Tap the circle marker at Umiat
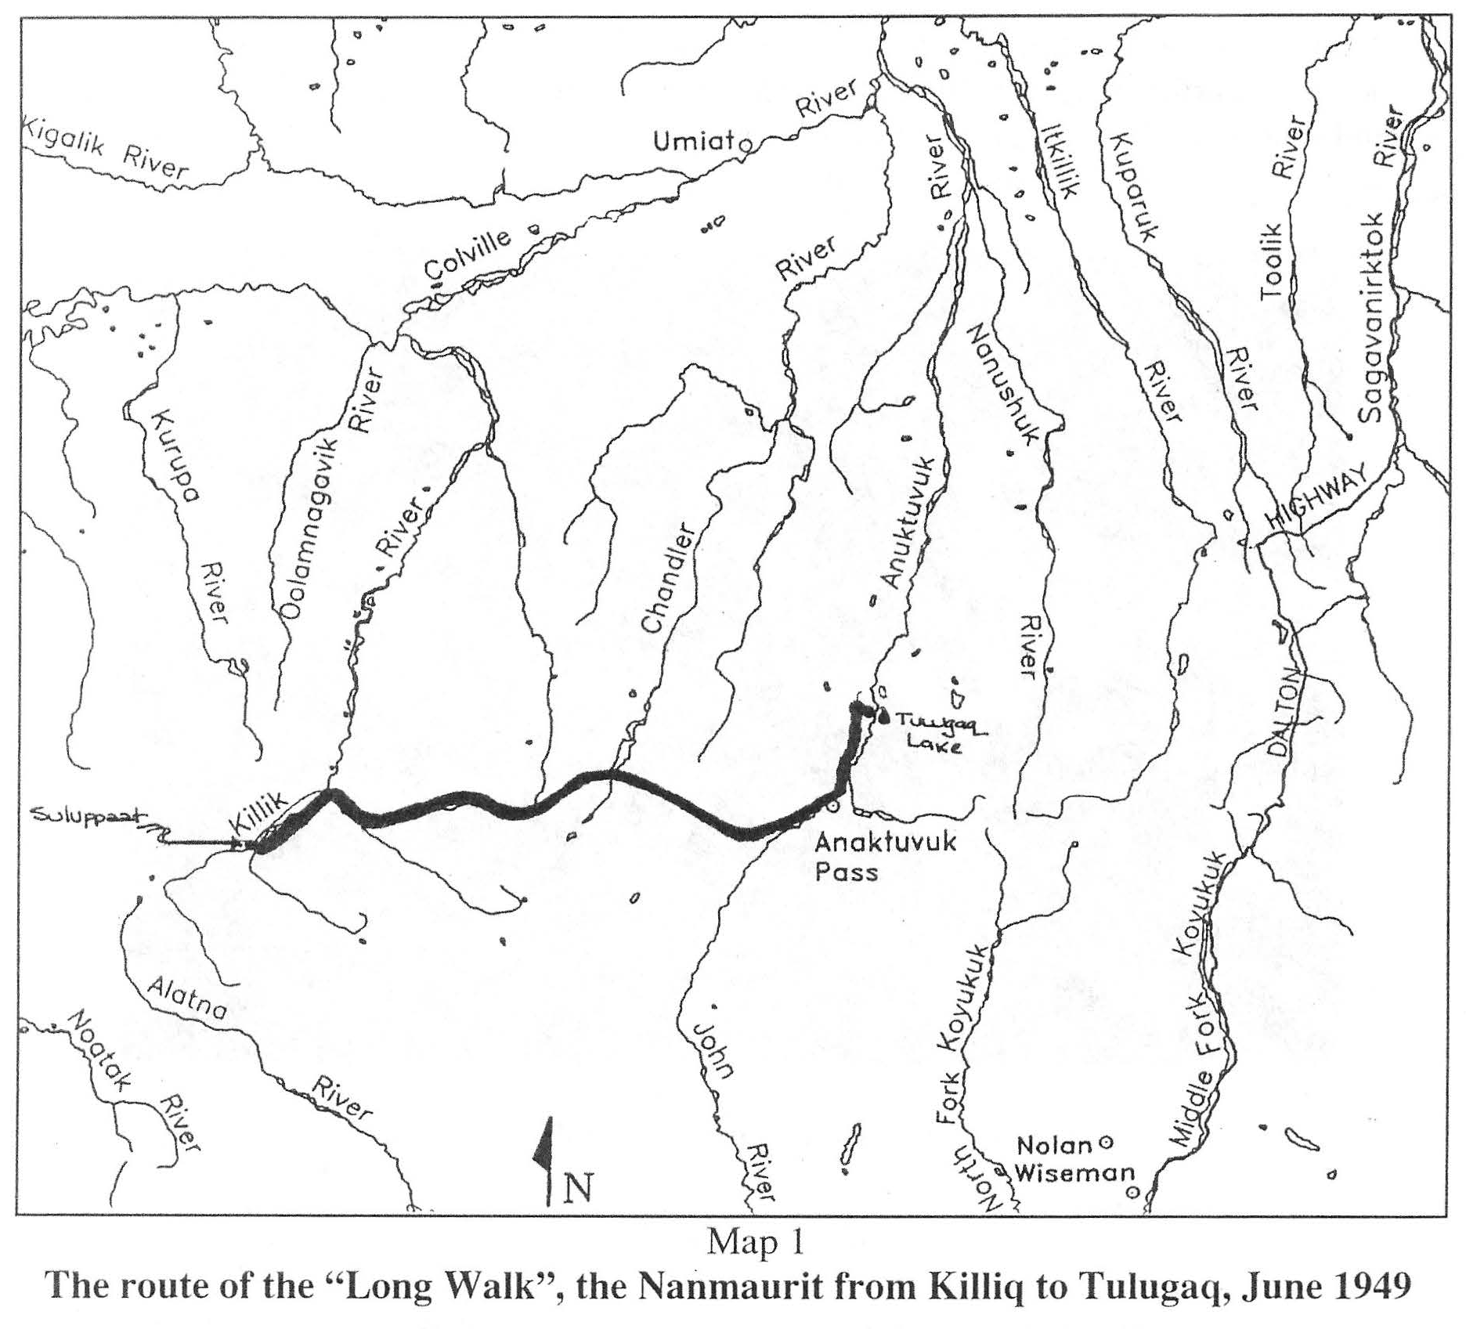pyautogui.click(x=746, y=145)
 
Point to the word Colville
pyautogui.click(x=468, y=255)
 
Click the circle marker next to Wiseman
pyautogui.click(x=1132, y=1192)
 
